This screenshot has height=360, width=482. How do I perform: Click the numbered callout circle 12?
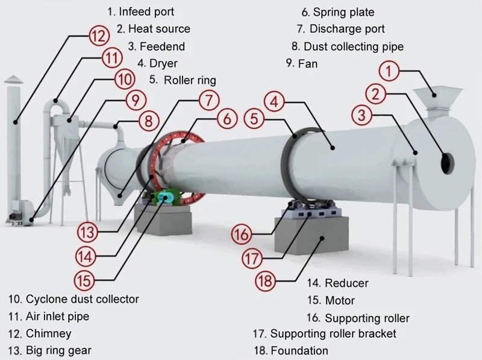[x=97, y=35]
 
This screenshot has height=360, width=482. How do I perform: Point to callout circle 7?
[x=208, y=99]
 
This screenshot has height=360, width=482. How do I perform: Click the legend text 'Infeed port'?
[x=146, y=11]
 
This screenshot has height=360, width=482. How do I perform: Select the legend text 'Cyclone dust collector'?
[x=82, y=299]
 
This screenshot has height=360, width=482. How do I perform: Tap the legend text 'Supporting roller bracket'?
[x=333, y=333]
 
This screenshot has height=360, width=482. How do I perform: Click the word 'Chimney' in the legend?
[x=48, y=333]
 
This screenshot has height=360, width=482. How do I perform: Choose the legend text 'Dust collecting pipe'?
[x=354, y=46]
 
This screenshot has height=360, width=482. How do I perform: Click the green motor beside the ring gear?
[x=167, y=198]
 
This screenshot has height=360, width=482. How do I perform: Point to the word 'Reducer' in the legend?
[x=346, y=283]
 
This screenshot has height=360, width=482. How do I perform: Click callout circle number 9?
[x=135, y=99]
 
